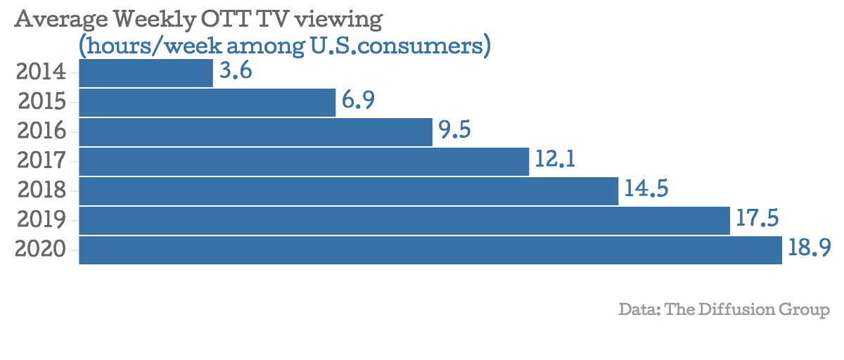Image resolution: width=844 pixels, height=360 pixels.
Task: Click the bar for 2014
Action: [x=146, y=73]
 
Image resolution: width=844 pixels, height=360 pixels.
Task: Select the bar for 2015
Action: [x=207, y=103]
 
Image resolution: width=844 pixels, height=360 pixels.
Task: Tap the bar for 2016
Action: [x=255, y=132]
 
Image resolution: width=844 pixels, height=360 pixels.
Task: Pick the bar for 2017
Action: [x=303, y=162]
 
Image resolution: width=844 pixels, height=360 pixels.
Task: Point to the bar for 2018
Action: [x=348, y=191]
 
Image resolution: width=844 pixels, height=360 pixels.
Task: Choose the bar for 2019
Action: [x=404, y=221]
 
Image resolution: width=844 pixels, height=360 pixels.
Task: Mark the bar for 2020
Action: [x=430, y=250]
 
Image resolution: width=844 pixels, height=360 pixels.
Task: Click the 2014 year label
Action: [x=41, y=72]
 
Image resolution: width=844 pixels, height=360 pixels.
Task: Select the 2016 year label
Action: [x=41, y=131]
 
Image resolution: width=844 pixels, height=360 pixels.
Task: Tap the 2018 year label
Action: [x=41, y=191]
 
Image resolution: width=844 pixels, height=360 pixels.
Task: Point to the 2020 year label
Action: [x=41, y=250]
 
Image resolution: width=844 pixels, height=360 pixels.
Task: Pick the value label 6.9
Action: [x=358, y=101]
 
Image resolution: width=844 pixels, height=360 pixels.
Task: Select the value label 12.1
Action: [x=555, y=160]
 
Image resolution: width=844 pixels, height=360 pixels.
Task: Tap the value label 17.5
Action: [x=757, y=219]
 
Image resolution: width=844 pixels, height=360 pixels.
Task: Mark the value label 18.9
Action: [x=810, y=249]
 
